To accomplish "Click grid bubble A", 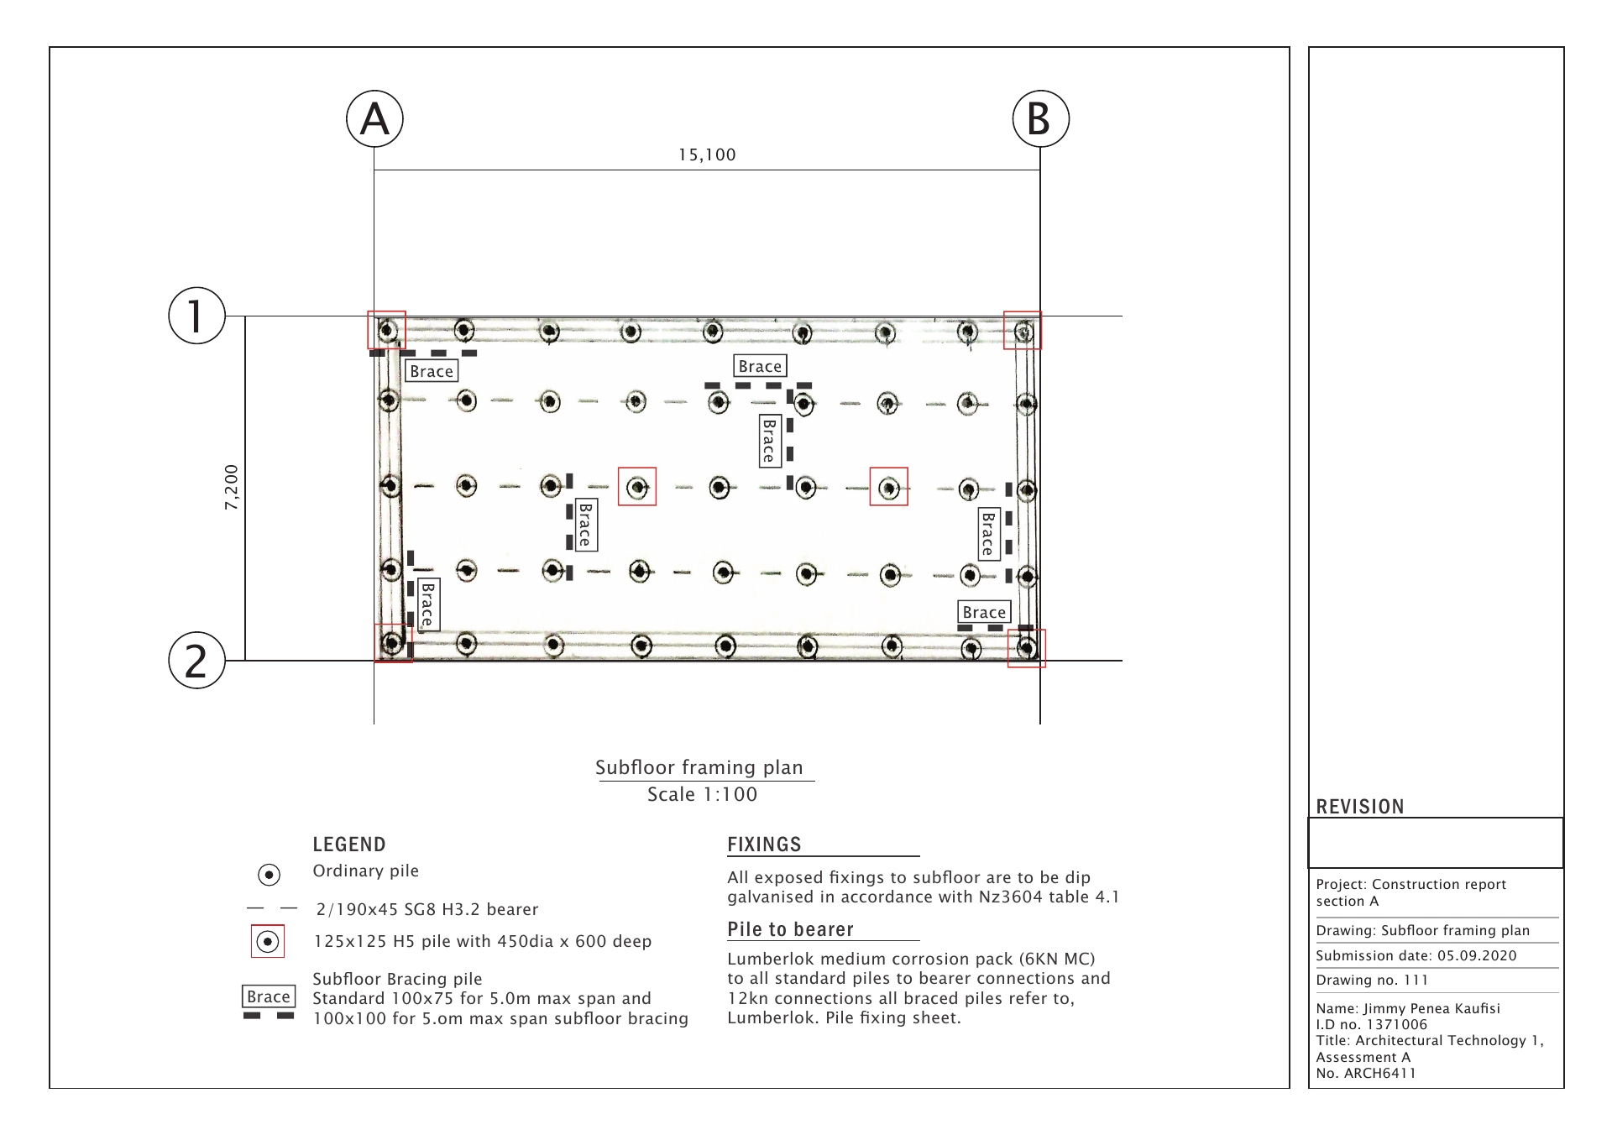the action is tap(374, 119).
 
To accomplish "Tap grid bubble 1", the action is tap(196, 316).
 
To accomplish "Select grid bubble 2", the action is tap(196, 661).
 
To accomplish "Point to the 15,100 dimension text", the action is tap(707, 155).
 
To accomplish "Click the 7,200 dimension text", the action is tap(232, 487).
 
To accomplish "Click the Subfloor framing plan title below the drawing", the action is tap(699, 767).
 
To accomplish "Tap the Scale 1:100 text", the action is tap(702, 794).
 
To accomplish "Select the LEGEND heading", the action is tap(349, 845).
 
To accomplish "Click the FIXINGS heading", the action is tap(764, 845).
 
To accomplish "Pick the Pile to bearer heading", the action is tap(790, 929).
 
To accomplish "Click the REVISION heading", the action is tap(1359, 807).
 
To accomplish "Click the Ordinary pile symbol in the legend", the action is tap(269, 875).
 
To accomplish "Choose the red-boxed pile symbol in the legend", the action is tap(268, 941).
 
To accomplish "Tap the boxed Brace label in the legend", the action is tap(269, 996).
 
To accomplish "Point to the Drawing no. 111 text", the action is tap(1372, 980).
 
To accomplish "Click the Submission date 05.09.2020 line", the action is tap(1416, 955).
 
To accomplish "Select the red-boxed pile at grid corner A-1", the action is tap(387, 330).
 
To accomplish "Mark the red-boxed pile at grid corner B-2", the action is tap(1026, 648).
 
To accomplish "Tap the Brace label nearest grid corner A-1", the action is tap(432, 371).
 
